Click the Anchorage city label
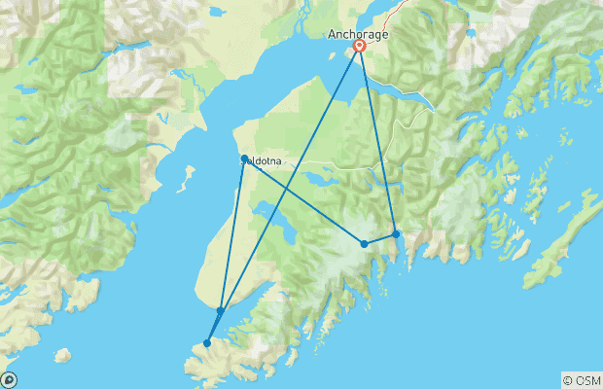pos(357,34)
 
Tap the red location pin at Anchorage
pos(360,46)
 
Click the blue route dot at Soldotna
pos(243,159)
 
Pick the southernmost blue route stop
pos(207,342)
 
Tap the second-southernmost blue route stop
pos(221,310)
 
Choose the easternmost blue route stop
pos(396,233)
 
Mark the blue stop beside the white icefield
pos(364,244)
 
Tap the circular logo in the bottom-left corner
pos(8,380)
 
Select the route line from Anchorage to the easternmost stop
pos(378,141)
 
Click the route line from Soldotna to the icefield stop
pos(303,201)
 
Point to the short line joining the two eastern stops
pos(380,239)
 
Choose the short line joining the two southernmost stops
pos(214,327)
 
